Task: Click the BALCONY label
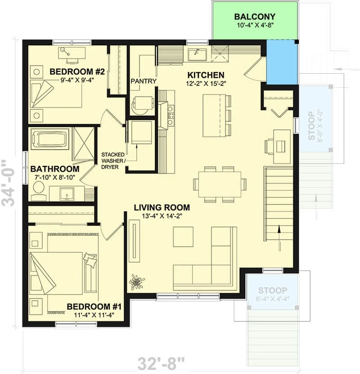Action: tap(255, 17)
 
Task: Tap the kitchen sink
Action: tap(197, 55)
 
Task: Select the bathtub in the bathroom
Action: tap(50, 139)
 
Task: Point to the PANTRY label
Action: tap(144, 81)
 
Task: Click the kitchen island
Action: tap(214, 116)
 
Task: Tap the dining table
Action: tap(220, 184)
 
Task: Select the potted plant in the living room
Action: tap(136, 282)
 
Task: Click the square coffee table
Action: tap(183, 236)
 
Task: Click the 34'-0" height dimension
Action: tap(9, 183)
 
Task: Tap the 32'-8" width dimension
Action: tap(162, 364)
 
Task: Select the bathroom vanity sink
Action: tap(67, 194)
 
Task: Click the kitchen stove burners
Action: tap(171, 116)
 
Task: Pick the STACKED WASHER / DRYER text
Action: tap(113, 161)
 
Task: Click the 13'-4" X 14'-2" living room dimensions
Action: tap(162, 216)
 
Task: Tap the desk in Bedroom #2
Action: tap(72, 53)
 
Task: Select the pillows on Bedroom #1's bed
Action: tap(90, 260)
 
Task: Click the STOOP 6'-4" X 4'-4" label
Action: tap(272, 294)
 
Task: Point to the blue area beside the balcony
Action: tap(282, 62)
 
